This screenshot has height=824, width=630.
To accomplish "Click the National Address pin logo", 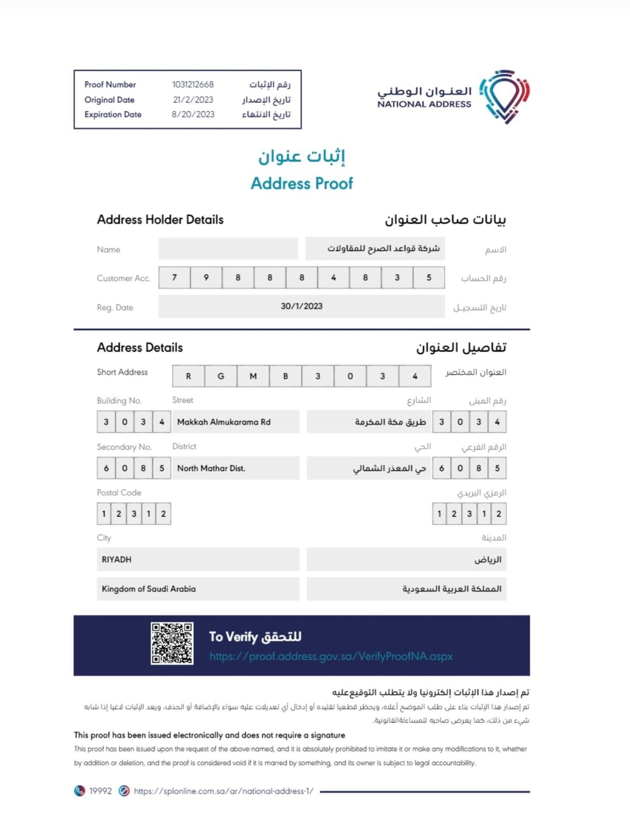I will tap(504, 96).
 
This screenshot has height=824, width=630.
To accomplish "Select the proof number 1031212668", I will tap(193, 84).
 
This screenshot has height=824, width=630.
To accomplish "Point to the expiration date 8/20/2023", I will tap(193, 114).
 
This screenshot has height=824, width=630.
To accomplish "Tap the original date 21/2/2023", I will tap(193, 100).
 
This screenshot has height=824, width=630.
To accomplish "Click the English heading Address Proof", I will tap(302, 183).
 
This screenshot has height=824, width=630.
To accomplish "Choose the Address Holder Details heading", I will tap(160, 220).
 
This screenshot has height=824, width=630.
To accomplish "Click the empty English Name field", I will tap(228, 249).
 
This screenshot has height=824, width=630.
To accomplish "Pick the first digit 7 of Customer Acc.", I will tap(174, 278).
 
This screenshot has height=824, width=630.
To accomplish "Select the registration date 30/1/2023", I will tap(302, 306).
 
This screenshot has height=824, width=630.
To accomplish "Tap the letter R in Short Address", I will tap(188, 376).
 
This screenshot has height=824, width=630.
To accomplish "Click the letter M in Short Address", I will tap(253, 376).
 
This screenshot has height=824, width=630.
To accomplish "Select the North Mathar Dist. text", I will tap(211, 469).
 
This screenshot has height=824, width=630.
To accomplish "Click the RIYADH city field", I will tap(198, 559).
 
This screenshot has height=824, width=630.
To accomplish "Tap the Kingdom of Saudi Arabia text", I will tap(149, 589).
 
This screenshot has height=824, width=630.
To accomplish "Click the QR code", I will tap(172, 643).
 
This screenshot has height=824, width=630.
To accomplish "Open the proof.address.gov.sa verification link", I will tap(331, 657).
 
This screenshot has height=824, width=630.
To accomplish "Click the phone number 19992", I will tap(100, 791).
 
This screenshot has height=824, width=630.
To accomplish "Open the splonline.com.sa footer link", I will tap(223, 791).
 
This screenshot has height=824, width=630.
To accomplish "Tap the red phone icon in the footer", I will tap(79, 791).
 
